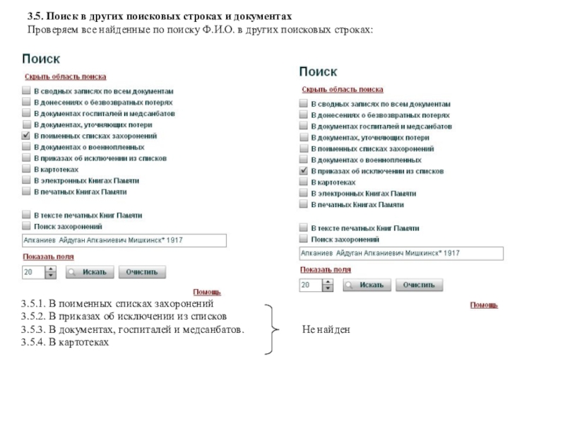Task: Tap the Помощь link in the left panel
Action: coord(207,291)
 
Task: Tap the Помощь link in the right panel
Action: coord(484,305)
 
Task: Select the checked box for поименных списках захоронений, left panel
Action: coord(27,136)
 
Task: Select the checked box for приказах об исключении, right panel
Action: coord(304,171)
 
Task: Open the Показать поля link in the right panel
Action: coord(325,269)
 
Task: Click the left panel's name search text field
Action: coord(124,241)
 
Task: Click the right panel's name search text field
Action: coord(401,254)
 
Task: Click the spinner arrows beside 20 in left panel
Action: coord(51,272)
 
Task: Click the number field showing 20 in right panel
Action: coord(310,285)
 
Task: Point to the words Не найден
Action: coord(326,330)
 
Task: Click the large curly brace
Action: coord(271,329)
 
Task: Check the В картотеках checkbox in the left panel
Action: coord(27,170)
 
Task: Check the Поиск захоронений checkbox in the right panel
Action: coord(304,240)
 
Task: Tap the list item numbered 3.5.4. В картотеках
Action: coord(65,342)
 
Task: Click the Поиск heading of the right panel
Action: coord(319,72)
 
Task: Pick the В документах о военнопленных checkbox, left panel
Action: coord(27,147)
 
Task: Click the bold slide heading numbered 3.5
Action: coord(159,16)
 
